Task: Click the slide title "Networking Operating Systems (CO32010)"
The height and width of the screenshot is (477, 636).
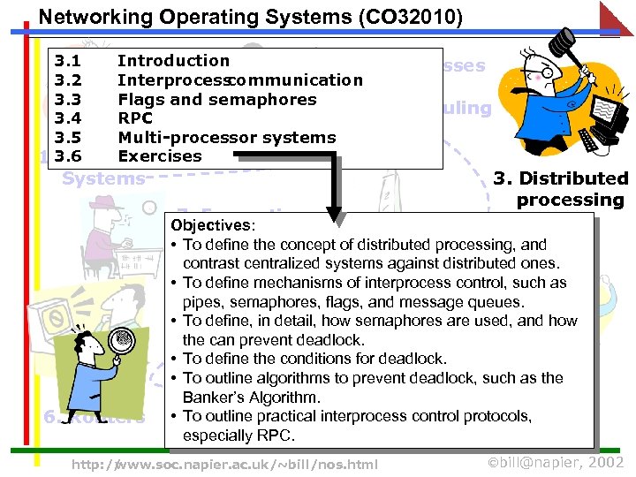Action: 250,17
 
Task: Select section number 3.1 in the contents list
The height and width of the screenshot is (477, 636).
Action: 68,61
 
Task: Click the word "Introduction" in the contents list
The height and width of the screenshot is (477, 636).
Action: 173,61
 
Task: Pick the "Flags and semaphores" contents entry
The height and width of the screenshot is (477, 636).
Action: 216,99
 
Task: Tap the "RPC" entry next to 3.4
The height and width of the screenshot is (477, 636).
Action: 135,118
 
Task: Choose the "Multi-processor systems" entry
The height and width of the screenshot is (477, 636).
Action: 226,138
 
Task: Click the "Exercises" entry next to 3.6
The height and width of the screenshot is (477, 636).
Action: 159,156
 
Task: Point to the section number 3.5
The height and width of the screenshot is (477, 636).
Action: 68,138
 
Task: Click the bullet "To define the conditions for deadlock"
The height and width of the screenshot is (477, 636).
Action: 314,359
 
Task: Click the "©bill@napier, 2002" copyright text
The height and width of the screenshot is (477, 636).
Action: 556,463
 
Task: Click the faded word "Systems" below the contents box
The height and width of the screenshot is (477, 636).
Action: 103,178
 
